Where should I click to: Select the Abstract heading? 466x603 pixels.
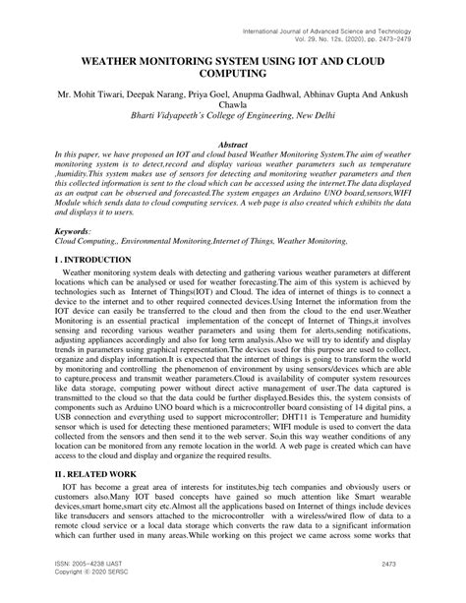point(233,145)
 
